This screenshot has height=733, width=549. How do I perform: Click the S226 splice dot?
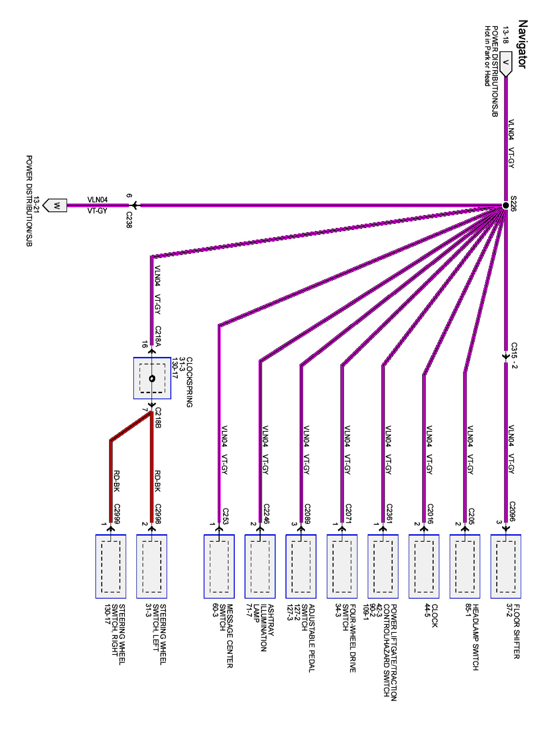(x=505, y=205)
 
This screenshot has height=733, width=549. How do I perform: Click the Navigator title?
(x=522, y=44)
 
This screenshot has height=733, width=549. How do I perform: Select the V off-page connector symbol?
(x=505, y=64)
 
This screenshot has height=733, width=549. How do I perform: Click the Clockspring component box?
(x=152, y=378)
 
